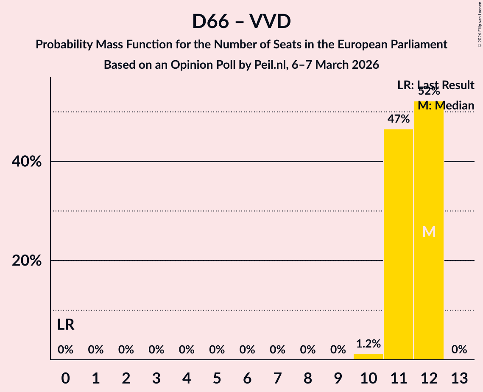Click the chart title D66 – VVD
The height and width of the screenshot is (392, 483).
pyautogui.click(x=241, y=21)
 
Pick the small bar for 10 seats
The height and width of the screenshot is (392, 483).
pyautogui.click(x=368, y=357)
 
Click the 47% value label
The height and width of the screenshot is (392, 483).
pyautogui.click(x=398, y=119)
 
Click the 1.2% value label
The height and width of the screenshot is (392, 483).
pyautogui.click(x=368, y=344)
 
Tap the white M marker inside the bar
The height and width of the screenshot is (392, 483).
pyautogui.click(x=429, y=232)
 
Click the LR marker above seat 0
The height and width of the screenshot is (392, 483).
pyautogui.click(x=66, y=325)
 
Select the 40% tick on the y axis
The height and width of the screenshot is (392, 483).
pyautogui.click(x=27, y=162)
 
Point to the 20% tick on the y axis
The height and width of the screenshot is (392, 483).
pyautogui.click(x=27, y=261)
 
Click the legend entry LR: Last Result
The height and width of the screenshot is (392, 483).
pyautogui.click(x=436, y=85)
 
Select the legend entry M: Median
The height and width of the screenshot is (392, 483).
pyautogui.click(x=446, y=106)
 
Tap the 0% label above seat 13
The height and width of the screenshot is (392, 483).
pyautogui.click(x=459, y=350)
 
